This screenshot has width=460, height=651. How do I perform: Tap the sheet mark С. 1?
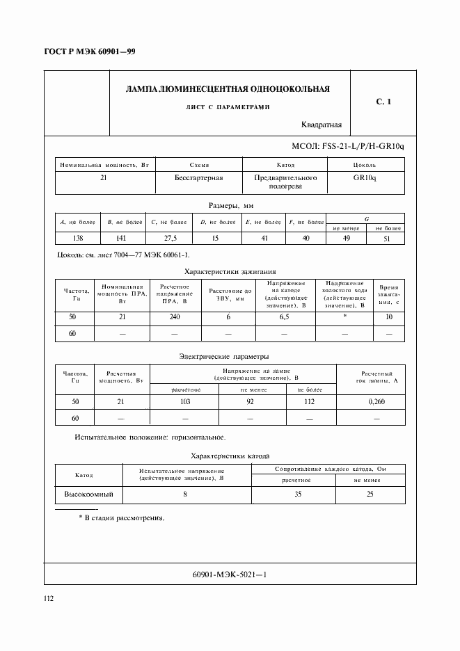pyautogui.click(x=383, y=102)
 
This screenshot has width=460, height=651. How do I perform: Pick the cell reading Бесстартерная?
pyautogui.click(x=198, y=178)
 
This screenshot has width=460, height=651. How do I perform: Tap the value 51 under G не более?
pyautogui.click(x=388, y=239)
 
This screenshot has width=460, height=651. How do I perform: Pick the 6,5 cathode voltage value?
pyautogui.click(x=284, y=317)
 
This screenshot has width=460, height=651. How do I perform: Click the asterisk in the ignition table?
pyautogui.click(x=344, y=317)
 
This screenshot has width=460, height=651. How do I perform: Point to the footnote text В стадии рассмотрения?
pyautogui.click(x=125, y=518)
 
